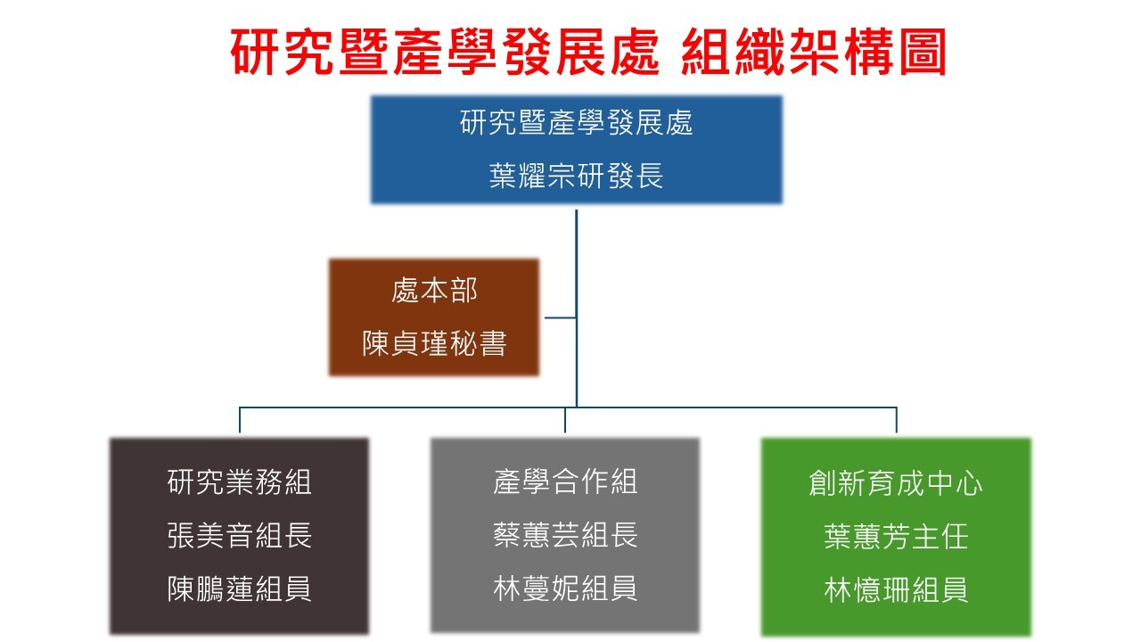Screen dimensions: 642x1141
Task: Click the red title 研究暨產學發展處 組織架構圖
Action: coord(588,53)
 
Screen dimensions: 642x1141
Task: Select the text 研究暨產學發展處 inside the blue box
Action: coord(577,122)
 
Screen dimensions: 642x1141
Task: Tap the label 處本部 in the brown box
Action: coord(434,290)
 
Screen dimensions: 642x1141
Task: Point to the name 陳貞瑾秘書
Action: coord(434,343)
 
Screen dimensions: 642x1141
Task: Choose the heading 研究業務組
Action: coord(240,481)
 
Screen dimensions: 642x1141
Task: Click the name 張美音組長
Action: coord(240,535)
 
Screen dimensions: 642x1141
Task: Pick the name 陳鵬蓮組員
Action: coord(240,588)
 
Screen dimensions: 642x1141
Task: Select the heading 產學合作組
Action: coord(565,481)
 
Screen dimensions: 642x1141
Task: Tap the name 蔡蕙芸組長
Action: coord(565,535)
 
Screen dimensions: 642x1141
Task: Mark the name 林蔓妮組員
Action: coord(565,588)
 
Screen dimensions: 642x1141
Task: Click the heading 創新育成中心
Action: coord(896,483)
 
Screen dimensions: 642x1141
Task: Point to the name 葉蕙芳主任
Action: coord(896,537)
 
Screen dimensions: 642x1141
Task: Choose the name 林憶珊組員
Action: coord(896,590)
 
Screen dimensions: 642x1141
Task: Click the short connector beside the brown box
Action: coord(560,317)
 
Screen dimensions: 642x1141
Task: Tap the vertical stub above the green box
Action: coord(896,420)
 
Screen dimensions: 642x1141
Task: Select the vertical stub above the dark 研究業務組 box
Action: coord(240,420)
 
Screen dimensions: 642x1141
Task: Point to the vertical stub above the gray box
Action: coord(565,420)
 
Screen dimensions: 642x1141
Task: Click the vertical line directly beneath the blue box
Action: coord(577,259)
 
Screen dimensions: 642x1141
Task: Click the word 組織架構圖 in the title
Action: coord(813,53)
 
